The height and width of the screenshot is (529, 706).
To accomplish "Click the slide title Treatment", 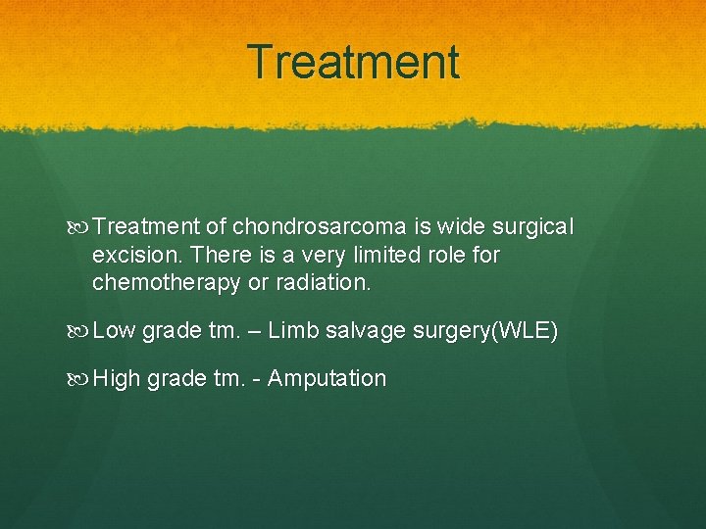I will click(353, 62).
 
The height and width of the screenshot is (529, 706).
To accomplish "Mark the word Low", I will click(114, 331).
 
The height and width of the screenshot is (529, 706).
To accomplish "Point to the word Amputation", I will click(327, 378).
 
